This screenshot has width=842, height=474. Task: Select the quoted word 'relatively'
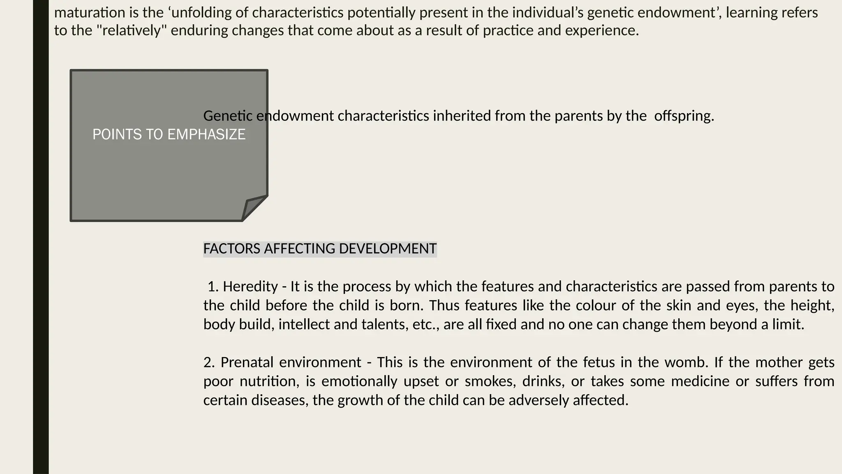coord(130,30)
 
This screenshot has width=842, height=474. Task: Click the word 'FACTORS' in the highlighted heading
coord(232,249)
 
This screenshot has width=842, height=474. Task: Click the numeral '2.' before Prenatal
coord(209,362)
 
